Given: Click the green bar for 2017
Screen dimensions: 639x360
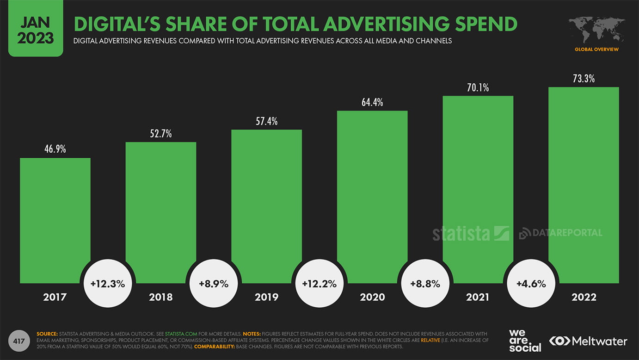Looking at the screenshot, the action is pos(55,220).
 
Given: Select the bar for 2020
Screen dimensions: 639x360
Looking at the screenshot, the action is pos(372,197).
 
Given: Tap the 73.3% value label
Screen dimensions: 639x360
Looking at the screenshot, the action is pos(584,79).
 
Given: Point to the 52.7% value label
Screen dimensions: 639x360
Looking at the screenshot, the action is pos(161,134).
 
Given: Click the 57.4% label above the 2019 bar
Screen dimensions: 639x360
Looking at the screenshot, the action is pos(266,121).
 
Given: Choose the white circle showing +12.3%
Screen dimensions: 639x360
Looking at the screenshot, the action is pos(108,284).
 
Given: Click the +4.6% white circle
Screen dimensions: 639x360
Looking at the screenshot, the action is pos(531,284).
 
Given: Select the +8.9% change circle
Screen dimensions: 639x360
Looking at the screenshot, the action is pos(214,284).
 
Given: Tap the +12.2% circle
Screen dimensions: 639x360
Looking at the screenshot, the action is pos(319,284).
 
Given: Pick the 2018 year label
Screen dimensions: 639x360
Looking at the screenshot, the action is pos(161,297).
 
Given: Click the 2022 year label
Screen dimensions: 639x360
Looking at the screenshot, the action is pos(584,297).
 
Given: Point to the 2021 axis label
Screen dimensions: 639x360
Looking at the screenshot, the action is pos(478,297).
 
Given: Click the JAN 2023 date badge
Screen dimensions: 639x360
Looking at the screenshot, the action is pos(36,28).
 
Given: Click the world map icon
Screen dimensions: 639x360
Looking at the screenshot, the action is pos(596,30).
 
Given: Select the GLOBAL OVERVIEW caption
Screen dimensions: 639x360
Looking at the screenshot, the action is pos(596,50).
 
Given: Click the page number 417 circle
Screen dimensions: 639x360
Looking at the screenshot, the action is pos(19,341).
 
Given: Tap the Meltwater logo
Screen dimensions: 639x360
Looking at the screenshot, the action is pos(588,341).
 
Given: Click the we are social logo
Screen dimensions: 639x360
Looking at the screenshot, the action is pos(525,341).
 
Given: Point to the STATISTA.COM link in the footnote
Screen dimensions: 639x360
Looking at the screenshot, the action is pos(181,334).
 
